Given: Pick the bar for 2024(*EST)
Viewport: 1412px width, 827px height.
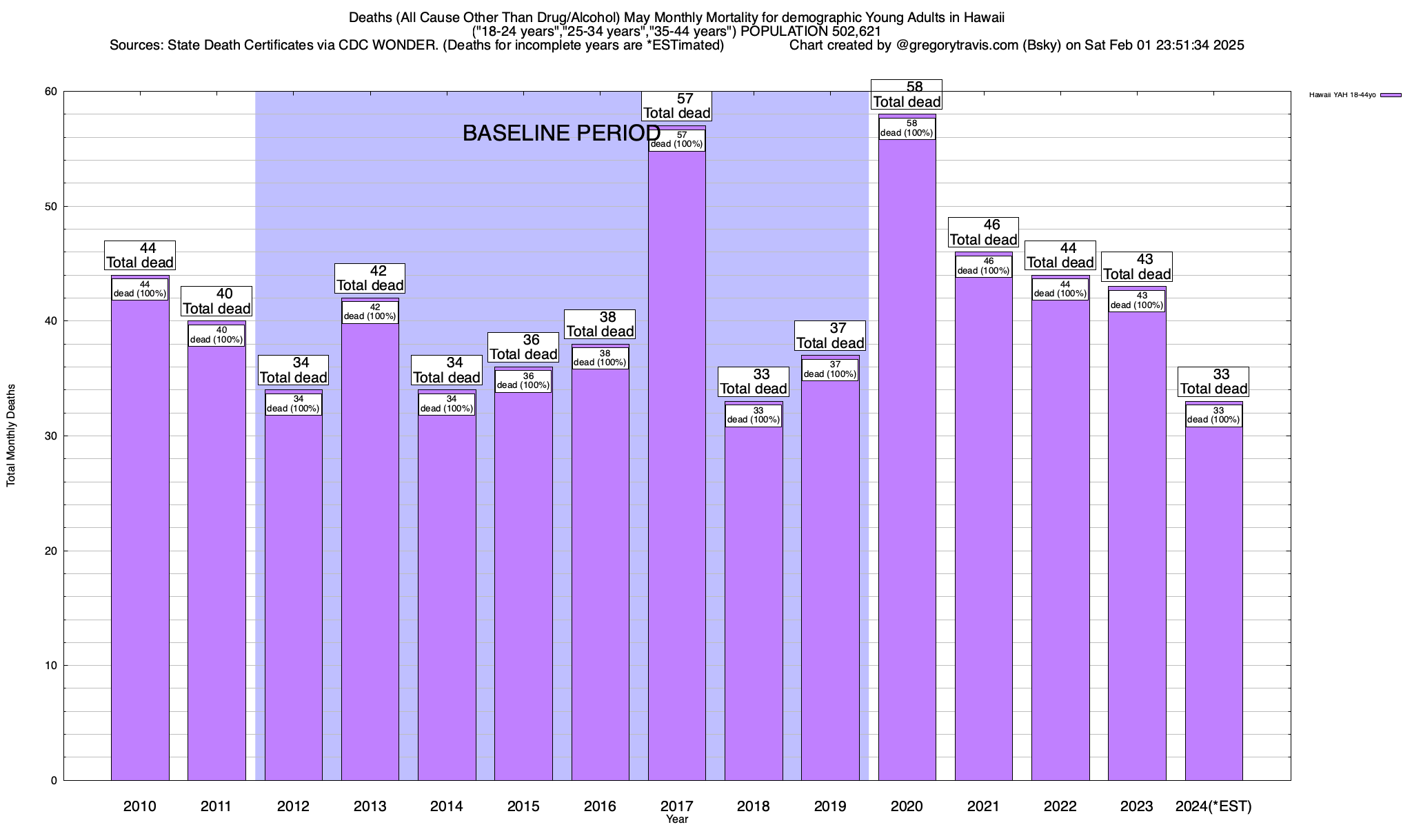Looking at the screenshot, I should click(x=1213, y=600).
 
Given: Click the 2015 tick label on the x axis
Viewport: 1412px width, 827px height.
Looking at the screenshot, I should click(x=523, y=806).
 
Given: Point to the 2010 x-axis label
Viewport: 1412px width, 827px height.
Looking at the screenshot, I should click(x=140, y=806).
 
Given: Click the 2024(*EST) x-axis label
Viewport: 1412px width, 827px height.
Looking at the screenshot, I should click(x=1213, y=806).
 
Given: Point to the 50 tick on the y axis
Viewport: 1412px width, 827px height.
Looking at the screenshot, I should click(x=52, y=206).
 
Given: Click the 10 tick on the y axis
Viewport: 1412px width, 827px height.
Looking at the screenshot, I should click(x=52, y=665).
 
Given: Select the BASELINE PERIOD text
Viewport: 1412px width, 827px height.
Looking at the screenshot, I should click(x=561, y=133).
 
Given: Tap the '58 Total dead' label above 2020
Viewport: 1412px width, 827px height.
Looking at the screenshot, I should click(x=907, y=94).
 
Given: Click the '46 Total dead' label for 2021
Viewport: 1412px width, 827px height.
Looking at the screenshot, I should click(x=984, y=232).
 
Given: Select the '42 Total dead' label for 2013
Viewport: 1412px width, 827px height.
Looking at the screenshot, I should click(x=370, y=278).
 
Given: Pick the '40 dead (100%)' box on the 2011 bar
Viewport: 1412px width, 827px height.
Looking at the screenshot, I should click(x=216, y=335).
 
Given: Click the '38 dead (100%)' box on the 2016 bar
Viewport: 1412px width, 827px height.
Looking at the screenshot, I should click(x=600, y=358).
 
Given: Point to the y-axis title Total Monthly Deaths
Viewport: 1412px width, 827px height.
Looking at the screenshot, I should click(x=11, y=436).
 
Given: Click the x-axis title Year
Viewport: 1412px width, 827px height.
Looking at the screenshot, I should click(x=677, y=819).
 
